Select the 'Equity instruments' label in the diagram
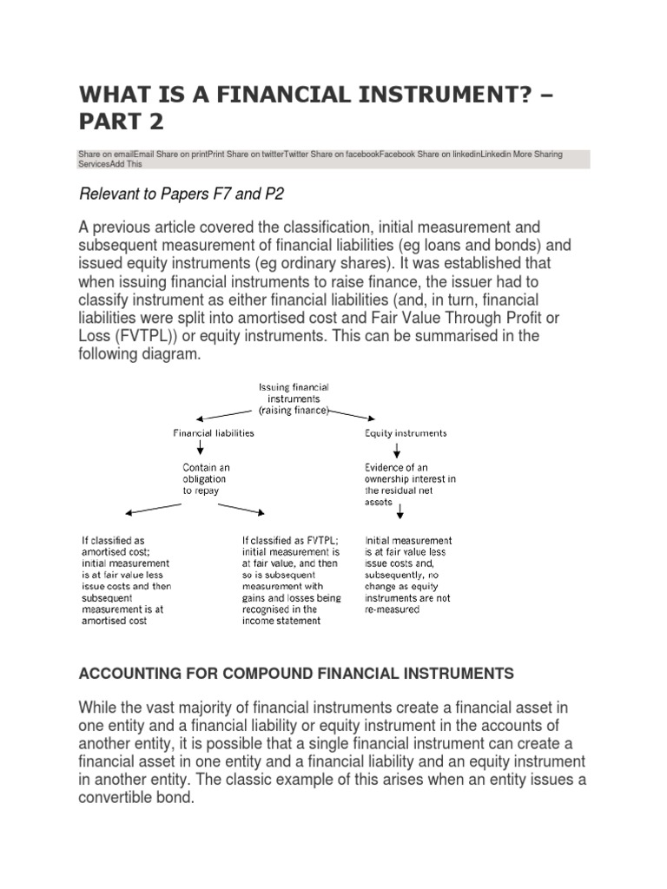[406, 432]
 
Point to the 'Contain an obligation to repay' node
[201, 478]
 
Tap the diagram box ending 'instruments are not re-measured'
[408, 575]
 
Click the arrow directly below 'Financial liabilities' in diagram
[201, 449]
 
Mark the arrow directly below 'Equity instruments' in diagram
[397, 450]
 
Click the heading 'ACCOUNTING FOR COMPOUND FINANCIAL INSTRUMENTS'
[296, 674]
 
